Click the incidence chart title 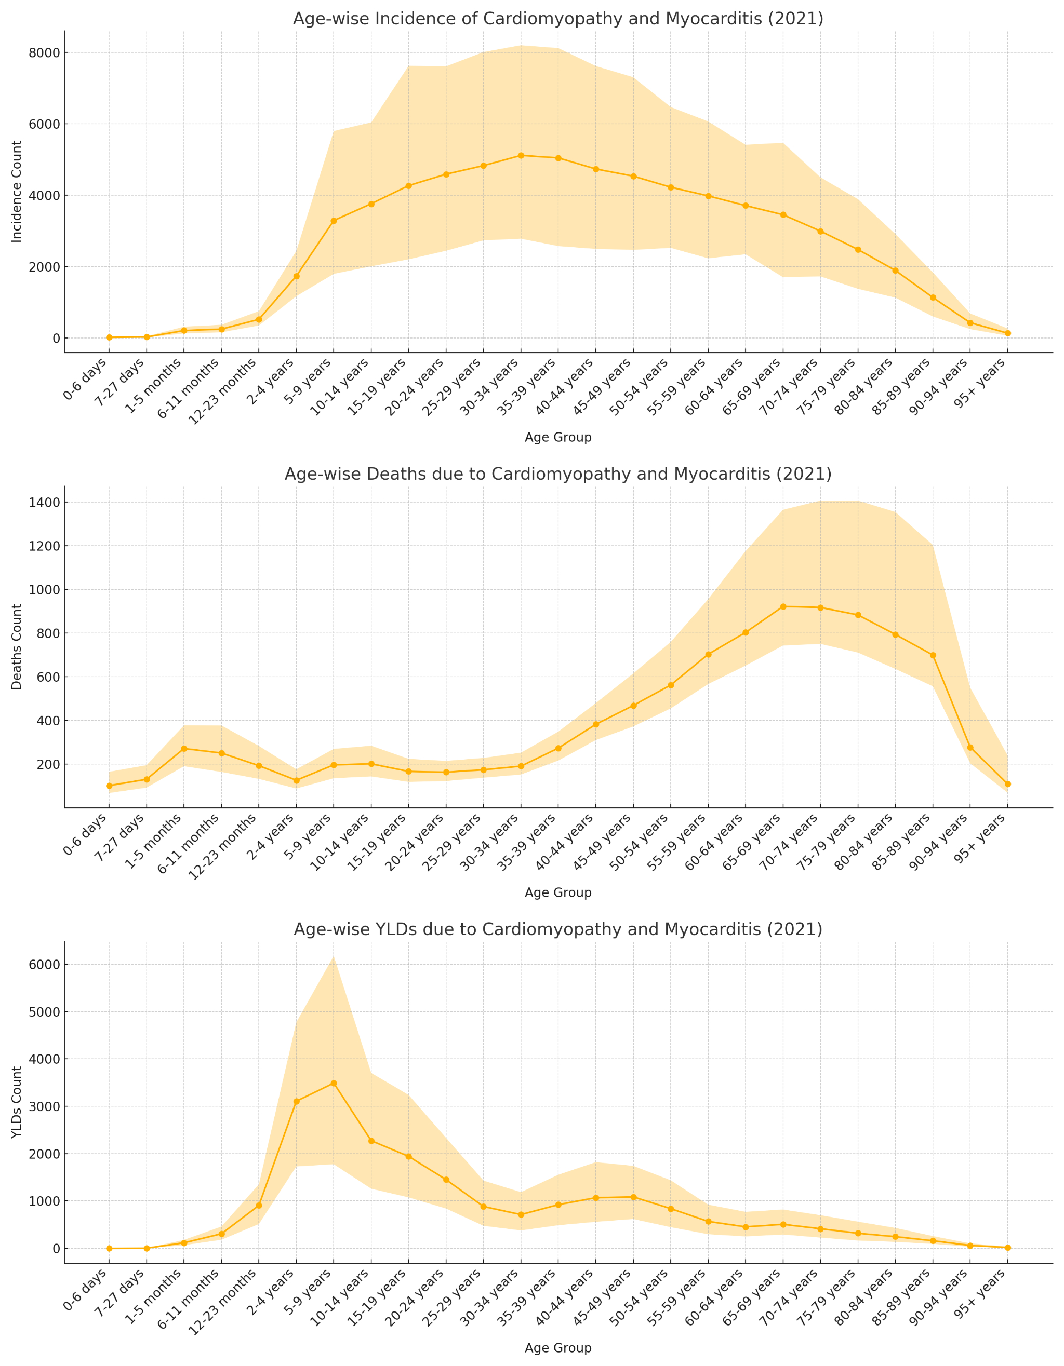point(557,19)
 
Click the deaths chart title point(557,474)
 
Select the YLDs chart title point(557,929)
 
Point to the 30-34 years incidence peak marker point(521,155)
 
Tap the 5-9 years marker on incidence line point(334,221)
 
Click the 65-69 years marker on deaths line point(783,607)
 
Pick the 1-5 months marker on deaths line point(184,749)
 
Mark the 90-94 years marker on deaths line point(970,748)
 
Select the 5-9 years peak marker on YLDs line point(334,1083)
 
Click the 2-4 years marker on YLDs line point(296,1101)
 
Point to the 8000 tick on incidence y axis point(47,52)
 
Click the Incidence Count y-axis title point(17,192)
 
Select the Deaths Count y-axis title point(17,647)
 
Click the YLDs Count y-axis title point(17,1102)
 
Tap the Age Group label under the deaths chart point(557,892)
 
